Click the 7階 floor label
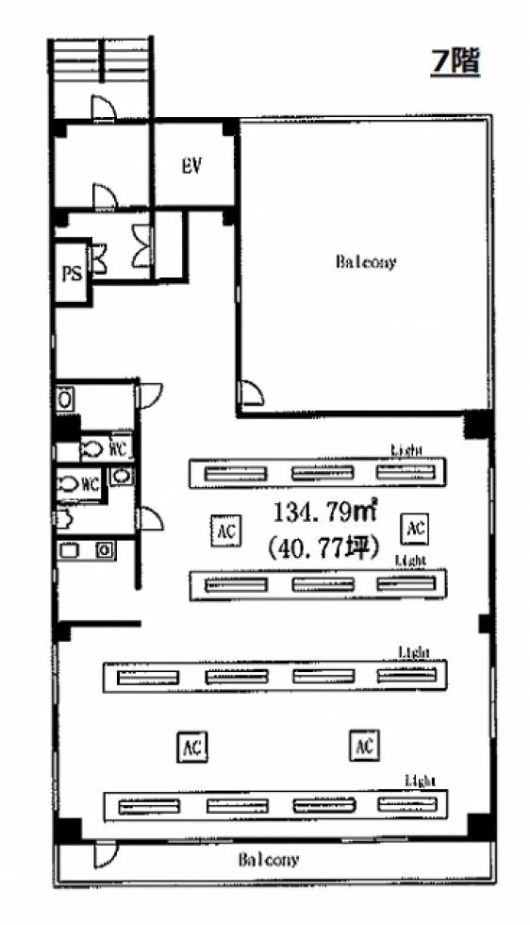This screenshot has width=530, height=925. pyautogui.click(x=455, y=61)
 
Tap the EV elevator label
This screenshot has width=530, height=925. pyautogui.click(x=191, y=166)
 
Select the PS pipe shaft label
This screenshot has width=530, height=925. pyautogui.click(x=72, y=274)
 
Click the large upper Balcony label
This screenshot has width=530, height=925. pyautogui.click(x=366, y=261)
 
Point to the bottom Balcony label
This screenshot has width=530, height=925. pyautogui.click(x=268, y=860)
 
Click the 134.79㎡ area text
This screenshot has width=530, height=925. pyautogui.click(x=324, y=512)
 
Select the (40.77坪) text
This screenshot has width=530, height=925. pyautogui.click(x=323, y=548)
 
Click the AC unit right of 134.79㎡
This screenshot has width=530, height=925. pyautogui.click(x=416, y=528)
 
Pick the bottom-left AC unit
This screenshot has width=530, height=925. pyautogui.click(x=192, y=748)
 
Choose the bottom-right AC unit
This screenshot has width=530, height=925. pyautogui.click(x=364, y=746)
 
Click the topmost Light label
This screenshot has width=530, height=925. pyautogui.click(x=406, y=450)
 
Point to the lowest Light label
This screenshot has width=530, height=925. pyautogui.click(x=421, y=782)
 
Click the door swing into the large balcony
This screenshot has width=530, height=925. pyautogui.click(x=250, y=393)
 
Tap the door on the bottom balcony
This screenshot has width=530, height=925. pyautogui.click(x=107, y=854)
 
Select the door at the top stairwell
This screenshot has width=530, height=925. pyautogui.click(x=103, y=108)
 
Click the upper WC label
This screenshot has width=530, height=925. pyautogui.click(x=119, y=449)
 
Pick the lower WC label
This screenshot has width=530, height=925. pyautogui.click(x=89, y=484)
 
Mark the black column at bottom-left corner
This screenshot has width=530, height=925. pyautogui.click(x=68, y=830)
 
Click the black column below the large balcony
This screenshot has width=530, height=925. pyautogui.click(x=478, y=424)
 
